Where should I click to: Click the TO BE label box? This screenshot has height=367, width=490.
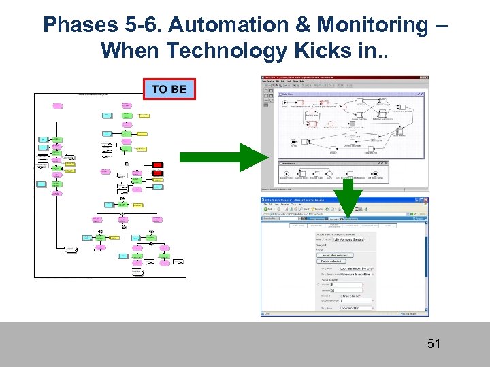pos(169,89)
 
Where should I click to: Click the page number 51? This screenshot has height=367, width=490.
pos(434,344)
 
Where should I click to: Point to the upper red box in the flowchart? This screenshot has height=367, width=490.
pos(157,165)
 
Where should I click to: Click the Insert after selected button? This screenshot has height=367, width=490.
pos(333,254)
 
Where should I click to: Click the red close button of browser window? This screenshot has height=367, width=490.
pos(425,200)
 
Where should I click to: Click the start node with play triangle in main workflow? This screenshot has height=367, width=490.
pos(285,105)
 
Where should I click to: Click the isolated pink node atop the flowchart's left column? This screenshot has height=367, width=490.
pos(58,105)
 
